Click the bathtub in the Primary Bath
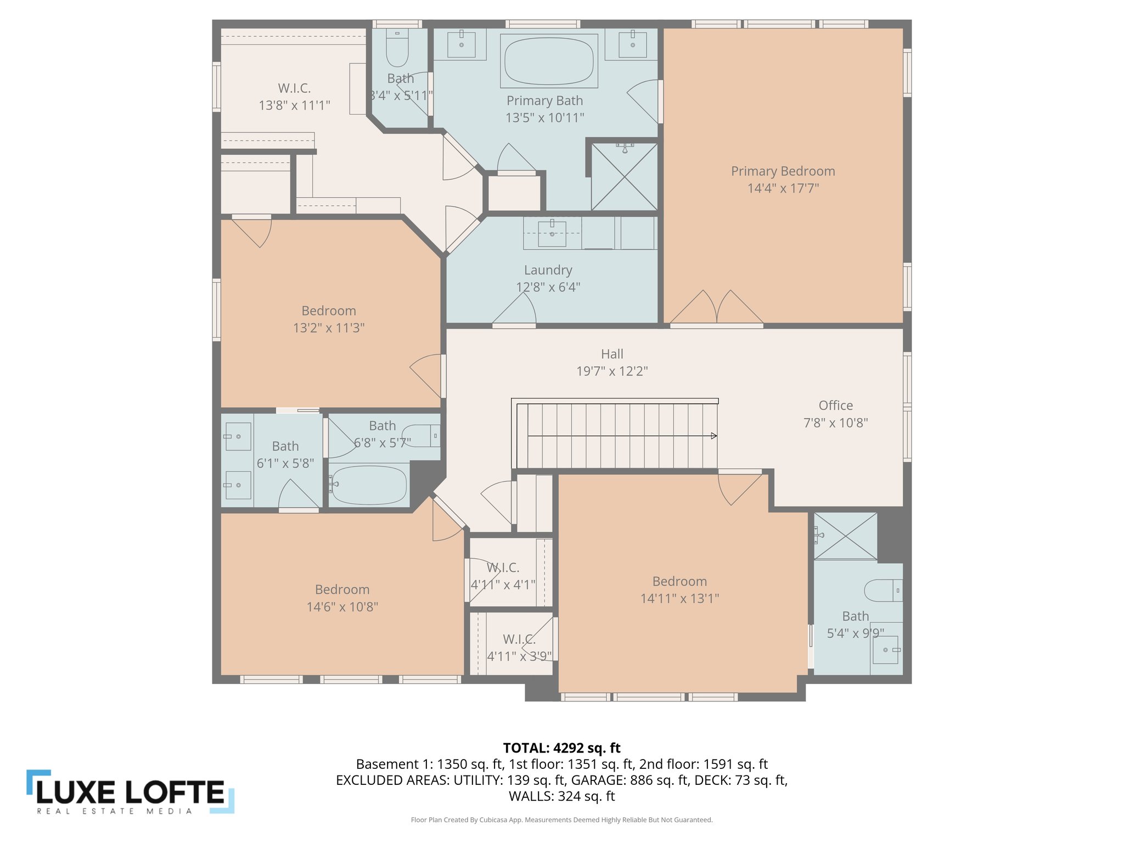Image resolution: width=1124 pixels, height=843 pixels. pos(549,60)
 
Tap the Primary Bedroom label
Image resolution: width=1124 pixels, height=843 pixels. pos(783,171)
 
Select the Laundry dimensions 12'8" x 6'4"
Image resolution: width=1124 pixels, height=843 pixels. pos(548,287)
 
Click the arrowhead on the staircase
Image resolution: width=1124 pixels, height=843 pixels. pos(713,436)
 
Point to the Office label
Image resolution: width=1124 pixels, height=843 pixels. pos(835,406)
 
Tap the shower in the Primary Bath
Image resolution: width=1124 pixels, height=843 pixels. pos(624,177)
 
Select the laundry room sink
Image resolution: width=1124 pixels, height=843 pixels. pos(552,233)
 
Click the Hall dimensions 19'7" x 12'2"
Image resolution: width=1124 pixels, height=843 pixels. pos(611,371)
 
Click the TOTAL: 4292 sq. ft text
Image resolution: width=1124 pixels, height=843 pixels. pos(561,748)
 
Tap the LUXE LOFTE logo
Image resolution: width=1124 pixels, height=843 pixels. pos(131,791)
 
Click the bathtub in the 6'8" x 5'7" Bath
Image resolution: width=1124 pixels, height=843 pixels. pos(369,485)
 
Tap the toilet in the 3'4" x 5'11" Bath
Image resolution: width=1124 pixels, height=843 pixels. pos(397,48)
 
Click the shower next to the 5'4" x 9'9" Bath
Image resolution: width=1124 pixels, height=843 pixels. pos(845,536)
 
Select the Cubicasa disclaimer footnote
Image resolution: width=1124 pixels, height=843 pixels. pos(561,820)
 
